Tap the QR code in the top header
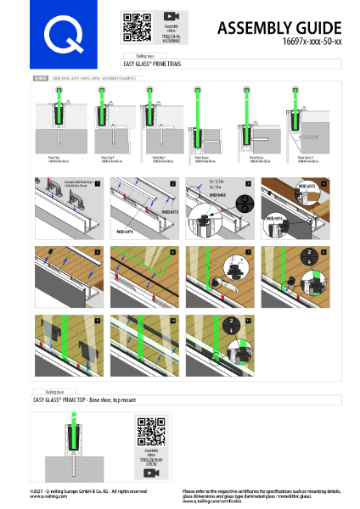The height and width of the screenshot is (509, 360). pos(137,27)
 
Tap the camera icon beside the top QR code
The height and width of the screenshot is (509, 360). pos(172,15)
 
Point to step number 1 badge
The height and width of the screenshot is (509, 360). pos(98,182)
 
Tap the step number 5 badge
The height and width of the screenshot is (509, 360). pos(98,251)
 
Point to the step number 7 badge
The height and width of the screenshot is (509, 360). pos(250,251)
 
